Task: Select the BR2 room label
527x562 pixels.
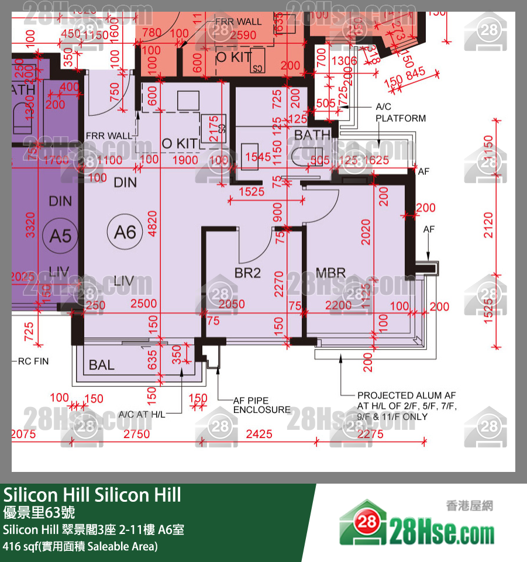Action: click(247, 273)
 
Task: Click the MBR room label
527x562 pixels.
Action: click(330, 273)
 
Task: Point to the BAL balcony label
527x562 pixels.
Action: click(102, 366)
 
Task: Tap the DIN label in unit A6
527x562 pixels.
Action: click(125, 182)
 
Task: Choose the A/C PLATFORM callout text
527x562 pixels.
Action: click(401, 113)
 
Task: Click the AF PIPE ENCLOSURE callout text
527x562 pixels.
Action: click(261, 405)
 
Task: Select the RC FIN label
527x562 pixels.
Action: click(33, 361)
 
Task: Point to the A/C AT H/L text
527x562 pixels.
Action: click(142, 414)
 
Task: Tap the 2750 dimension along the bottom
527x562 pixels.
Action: click(136, 434)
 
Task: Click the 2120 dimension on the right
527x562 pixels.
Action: click(488, 225)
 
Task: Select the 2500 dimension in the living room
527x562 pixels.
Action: click(143, 304)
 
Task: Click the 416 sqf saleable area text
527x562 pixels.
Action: click(80, 547)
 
